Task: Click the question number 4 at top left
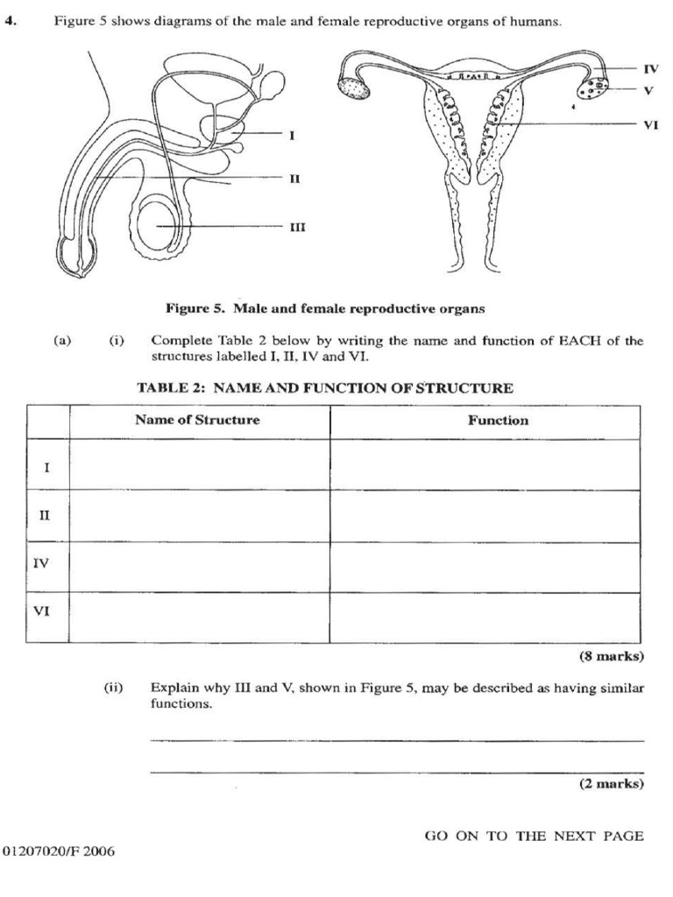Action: (x=11, y=22)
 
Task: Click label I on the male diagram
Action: (x=292, y=135)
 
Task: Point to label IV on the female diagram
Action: (x=650, y=67)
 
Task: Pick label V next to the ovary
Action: (x=648, y=88)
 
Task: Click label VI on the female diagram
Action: (x=650, y=124)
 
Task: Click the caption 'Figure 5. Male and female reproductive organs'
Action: (x=325, y=308)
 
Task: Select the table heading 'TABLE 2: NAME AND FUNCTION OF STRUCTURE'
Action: (x=324, y=388)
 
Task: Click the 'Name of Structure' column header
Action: (x=197, y=420)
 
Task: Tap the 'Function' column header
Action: (x=498, y=420)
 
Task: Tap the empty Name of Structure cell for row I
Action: (x=199, y=464)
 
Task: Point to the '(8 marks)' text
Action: (x=612, y=655)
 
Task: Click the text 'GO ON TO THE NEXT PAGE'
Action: (x=534, y=836)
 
